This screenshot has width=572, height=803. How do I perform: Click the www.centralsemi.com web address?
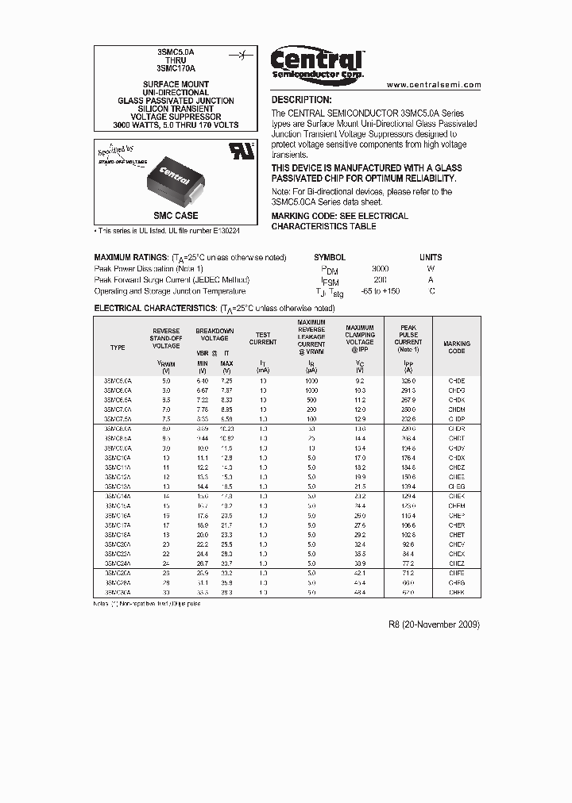(x=434, y=84)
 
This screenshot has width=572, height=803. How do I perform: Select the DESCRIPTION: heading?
(x=301, y=100)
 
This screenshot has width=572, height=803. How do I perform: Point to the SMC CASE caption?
(x=176, y=216)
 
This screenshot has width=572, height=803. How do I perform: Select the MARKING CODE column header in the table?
(x=456, y=347)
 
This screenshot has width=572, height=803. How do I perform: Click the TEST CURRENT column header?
(x=263, y=339)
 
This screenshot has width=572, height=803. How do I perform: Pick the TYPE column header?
(x=118, y=348)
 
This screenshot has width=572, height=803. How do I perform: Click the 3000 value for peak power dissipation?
(x=381, y=269)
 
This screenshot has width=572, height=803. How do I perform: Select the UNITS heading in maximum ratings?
(x=431, y=257)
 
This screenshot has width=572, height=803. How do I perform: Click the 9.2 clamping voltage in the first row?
(x=359, y=381)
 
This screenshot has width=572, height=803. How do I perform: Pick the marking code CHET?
(x=456, y=535)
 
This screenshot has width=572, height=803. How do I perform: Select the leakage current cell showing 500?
(x=311, y=401)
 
